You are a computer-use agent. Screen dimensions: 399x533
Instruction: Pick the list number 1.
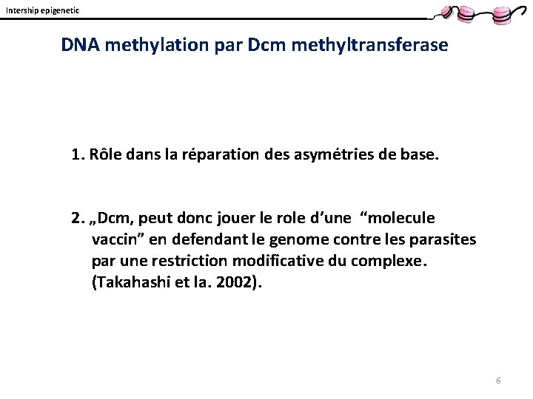(x=76, y=154)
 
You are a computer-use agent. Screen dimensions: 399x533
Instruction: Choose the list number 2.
(x=76, y=218)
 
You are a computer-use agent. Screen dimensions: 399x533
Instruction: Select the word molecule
(x=403, y=218)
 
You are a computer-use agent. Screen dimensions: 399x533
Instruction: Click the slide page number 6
(x=498, y=381)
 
